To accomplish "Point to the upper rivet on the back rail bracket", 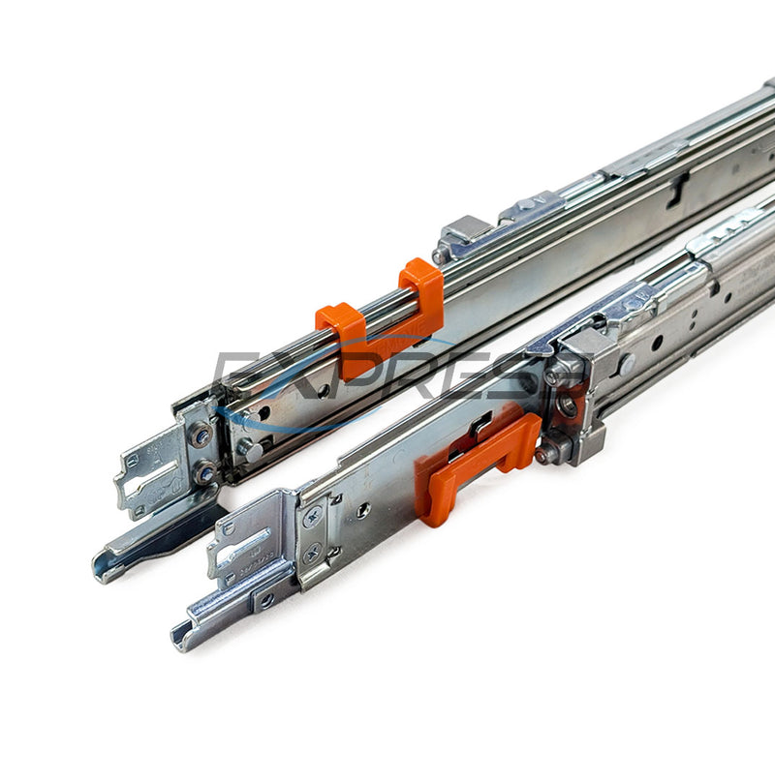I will (x=201, y=436).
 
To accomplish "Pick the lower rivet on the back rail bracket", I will (x=204, y=474).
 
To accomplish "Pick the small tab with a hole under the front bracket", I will (x=264, y=600).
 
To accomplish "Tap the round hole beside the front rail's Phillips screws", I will (x=360, y=508).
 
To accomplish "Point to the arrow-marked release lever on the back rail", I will (x=533, y=207).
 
